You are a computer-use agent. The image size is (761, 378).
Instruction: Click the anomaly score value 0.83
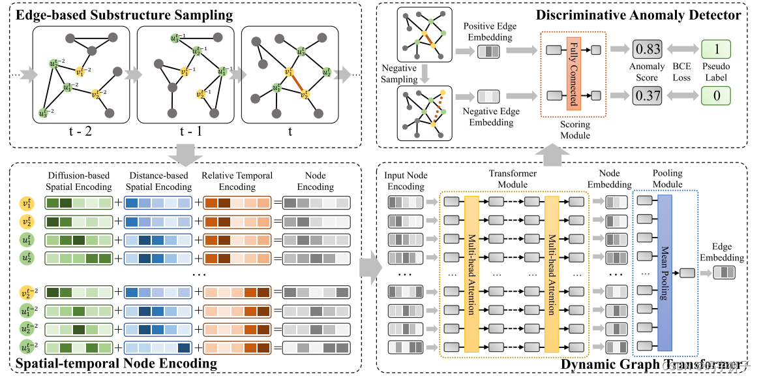click(648, 48)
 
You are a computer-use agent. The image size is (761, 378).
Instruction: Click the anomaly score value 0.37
click(648, 96)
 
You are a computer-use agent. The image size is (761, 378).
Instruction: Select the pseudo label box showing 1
click(716, 48)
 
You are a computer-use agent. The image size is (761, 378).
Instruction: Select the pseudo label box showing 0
click(716, 96)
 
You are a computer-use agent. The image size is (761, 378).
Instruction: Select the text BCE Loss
click(681, 71)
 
